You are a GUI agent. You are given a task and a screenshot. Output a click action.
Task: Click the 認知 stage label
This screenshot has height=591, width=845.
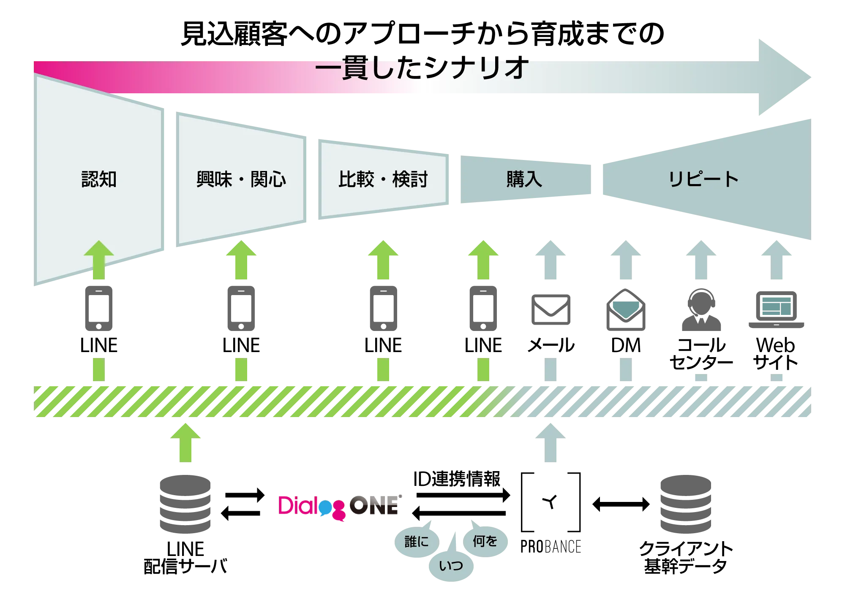[99, 179]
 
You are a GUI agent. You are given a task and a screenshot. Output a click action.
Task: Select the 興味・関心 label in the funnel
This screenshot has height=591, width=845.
[241, 179]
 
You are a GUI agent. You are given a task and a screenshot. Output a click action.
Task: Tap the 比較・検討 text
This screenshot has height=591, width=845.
[383, 179]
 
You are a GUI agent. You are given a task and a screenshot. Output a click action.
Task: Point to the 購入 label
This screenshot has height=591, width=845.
[524, 179]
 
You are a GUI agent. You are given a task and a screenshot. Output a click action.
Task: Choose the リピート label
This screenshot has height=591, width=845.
[703, 179]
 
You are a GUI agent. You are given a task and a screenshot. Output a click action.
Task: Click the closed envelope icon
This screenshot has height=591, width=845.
[551, 311]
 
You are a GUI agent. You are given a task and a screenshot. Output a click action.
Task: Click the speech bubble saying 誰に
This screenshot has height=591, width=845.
[416, 542]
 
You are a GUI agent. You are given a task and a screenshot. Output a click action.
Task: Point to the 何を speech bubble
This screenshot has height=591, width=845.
[485, 541]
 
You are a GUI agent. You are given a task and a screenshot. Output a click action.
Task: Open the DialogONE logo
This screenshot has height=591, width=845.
[338, 506]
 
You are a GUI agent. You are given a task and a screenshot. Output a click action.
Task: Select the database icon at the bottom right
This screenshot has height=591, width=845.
[686, 504]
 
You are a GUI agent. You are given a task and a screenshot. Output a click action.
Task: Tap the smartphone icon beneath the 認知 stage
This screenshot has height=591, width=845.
[99, 307]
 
